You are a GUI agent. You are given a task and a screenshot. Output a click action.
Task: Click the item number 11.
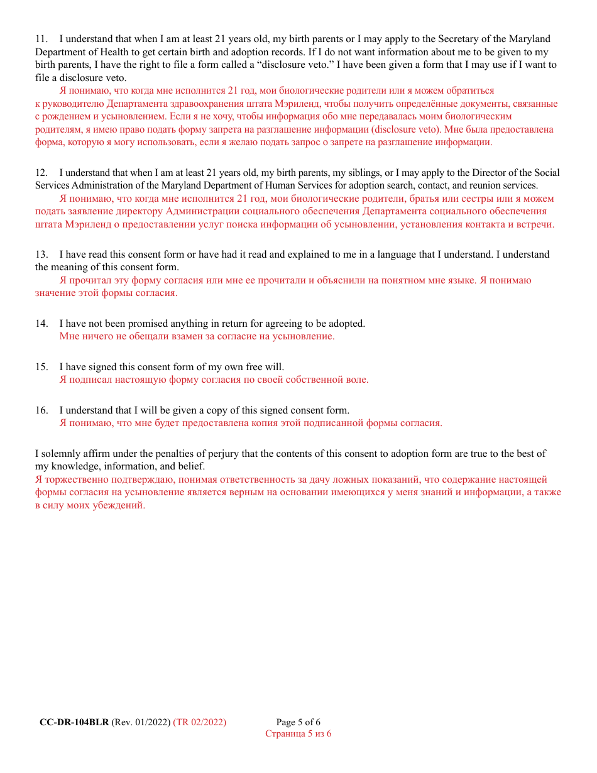coord(41,39)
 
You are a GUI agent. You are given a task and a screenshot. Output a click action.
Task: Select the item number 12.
coord(41,173)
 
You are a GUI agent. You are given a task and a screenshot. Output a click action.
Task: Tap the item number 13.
coord(41,255)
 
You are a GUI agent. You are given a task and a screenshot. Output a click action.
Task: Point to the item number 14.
coord(41,324)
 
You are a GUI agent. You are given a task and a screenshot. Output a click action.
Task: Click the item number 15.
coord(41,367)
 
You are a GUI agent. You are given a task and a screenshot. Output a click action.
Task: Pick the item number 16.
coord(41,410)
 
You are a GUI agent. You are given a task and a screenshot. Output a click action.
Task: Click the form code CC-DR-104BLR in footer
coord(74,722)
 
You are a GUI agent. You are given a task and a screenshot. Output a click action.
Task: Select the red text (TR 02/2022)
coord(200,722)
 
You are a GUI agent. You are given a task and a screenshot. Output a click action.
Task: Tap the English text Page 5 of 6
coord(298,722)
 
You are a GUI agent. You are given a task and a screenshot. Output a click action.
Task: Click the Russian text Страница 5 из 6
coord(298,733)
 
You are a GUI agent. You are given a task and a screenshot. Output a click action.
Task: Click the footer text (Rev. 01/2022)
coord(141,722)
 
